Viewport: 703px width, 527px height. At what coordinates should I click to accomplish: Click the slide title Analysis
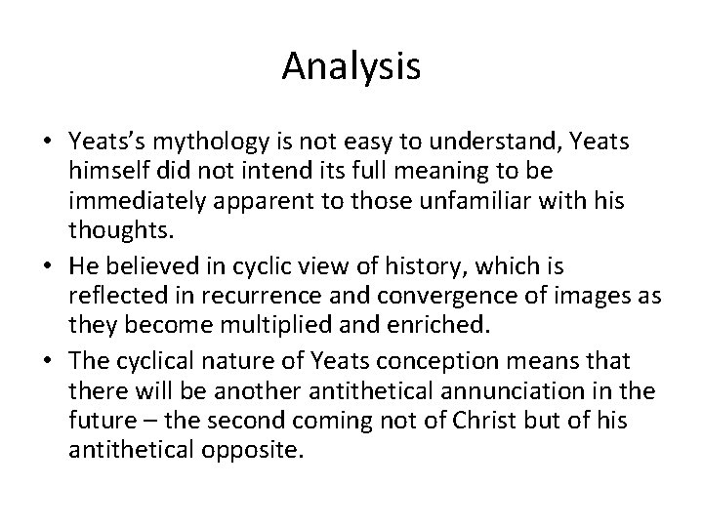coord(351,66)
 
